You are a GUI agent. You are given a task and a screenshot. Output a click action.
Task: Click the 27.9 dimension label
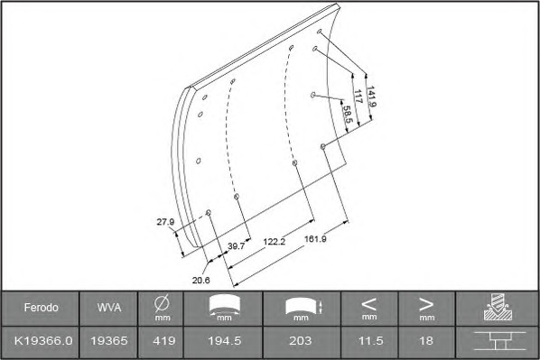coord(165,222)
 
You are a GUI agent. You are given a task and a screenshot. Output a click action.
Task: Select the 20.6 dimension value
coord(201,281)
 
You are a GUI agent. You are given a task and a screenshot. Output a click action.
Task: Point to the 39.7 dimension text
coord(237,246)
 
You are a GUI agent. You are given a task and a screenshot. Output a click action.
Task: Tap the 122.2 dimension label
coord(275,241)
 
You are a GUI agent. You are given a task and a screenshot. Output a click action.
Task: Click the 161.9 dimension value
coord(315,238)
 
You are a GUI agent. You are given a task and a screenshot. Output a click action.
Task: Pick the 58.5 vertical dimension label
coord(347,114)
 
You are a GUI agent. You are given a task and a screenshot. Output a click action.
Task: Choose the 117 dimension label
coord(358,97)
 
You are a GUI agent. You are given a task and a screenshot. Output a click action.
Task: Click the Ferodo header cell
coord(41,308)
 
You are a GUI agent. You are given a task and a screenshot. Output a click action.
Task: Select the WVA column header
coord(109,308)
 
